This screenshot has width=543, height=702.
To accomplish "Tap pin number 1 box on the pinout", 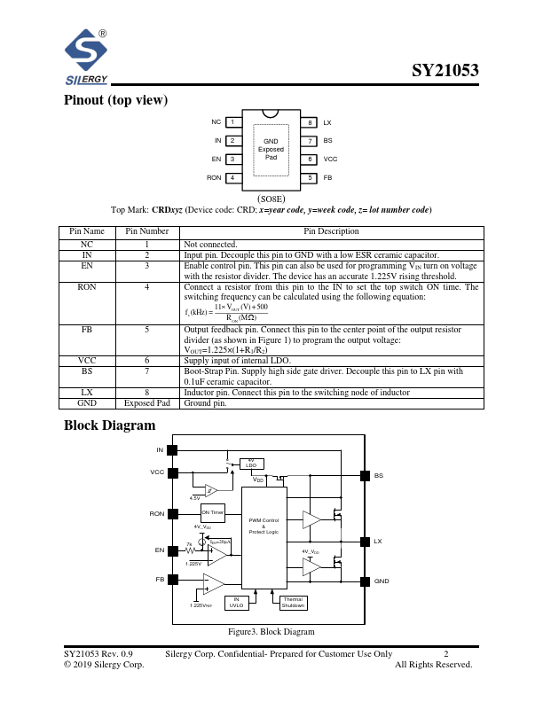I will (x=232, y=122).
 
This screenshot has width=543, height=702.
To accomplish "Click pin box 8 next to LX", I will (x=310, y=122).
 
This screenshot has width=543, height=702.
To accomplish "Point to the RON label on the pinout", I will (x=214, y=178).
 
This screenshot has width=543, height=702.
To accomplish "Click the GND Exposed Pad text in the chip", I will (x=271, y=149).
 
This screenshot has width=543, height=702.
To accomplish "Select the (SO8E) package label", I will (x=271, y=199).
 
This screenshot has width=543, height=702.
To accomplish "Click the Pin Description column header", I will (x=331, y=231).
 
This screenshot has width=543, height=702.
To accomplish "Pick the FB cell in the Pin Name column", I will (x=87, y=331).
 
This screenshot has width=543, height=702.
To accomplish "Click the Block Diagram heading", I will (x=109, y=426).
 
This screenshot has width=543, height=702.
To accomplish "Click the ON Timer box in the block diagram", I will (x=213, y=512).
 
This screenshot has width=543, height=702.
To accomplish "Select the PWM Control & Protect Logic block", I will (x=264, y=525).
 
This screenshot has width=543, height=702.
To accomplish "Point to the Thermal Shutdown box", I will (x=293, y=602).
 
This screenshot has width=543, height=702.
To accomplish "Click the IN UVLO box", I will (x=236, y=602).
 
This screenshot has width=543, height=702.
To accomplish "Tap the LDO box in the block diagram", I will (x=251, y=463).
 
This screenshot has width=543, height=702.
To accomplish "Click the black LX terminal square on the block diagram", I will (x=364, y=541).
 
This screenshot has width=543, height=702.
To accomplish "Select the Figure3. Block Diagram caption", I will (x=271, y=631).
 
